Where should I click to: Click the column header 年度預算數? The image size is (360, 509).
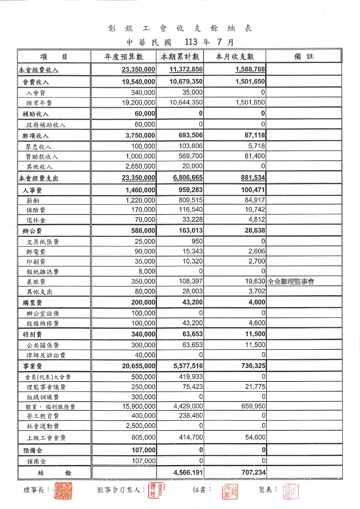[124, 57]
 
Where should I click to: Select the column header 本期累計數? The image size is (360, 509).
[180, 57]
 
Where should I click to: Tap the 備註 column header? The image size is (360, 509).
[304, 56]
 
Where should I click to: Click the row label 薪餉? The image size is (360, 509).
[33, 201]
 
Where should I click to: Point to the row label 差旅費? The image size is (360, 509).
[36, 282]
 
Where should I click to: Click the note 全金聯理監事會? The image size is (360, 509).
[291, 281]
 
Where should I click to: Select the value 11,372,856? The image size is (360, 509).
[186, 69]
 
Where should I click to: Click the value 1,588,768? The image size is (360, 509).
[250, 69]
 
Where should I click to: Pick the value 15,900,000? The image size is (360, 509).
[139, 406]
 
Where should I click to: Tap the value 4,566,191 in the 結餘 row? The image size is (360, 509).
[188, 472]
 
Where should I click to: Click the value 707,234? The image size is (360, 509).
[253, 472]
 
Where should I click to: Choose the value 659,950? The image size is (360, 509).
[253, 406]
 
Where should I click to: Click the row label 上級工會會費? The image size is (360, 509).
[46, 438]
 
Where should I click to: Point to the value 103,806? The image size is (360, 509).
[190, 146]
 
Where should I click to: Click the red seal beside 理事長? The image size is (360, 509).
[63, 491]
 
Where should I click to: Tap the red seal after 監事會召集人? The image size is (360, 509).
[156, 490]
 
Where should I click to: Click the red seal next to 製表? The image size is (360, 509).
[291, 491]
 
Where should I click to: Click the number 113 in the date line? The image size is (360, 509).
[191, 42]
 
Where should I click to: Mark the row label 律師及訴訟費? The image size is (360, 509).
[46, 355]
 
